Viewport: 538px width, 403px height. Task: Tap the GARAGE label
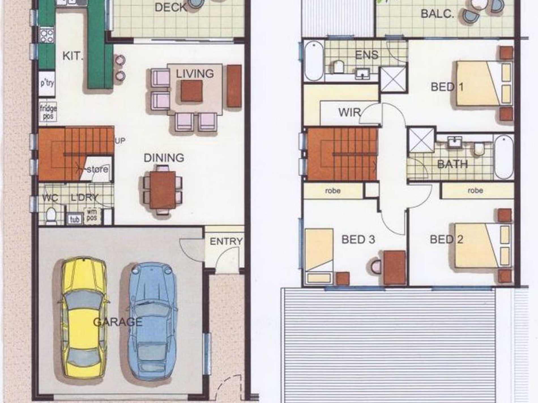pos(118,322)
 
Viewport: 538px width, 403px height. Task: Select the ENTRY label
pos(226,241)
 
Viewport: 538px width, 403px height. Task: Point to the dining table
pos(163,190)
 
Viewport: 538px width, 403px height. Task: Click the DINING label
pos(164,158)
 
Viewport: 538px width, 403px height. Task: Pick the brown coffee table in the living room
pos(192,91)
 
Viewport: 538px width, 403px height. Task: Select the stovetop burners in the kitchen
pos(47,35)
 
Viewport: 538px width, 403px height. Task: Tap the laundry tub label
pos(74,219)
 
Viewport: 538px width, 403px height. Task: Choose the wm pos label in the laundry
pos(91,215)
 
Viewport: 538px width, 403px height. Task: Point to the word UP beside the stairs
pos(120,141)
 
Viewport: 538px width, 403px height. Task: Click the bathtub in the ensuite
pos(314,61)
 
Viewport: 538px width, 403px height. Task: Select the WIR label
pos(349,113)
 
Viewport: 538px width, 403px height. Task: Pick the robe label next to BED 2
pos(475,190)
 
